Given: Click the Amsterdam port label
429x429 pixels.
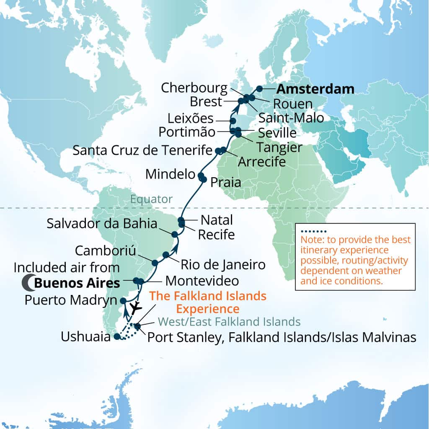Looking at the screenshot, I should [315, 89].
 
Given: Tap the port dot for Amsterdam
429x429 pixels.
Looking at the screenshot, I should [260, 88].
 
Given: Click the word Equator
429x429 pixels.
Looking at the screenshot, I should [151, 199].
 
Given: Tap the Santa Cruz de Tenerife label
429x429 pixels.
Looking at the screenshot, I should [141, 150].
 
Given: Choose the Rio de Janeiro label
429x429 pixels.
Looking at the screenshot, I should [223, 264].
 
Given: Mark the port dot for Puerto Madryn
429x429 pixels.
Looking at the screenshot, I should [123, 300].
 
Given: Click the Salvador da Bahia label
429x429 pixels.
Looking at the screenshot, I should [102, 224].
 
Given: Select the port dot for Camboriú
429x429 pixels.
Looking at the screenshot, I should [155, 263].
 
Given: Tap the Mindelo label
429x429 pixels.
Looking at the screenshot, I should [171, 174].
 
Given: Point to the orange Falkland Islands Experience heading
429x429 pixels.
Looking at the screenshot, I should [208, 302].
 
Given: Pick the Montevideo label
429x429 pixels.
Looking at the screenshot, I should [202, 280].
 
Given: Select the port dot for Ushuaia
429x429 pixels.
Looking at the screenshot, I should [117, 336].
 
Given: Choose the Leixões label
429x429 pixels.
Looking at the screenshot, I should [191, 118].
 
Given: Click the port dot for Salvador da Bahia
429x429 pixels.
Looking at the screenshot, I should [174, 233].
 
